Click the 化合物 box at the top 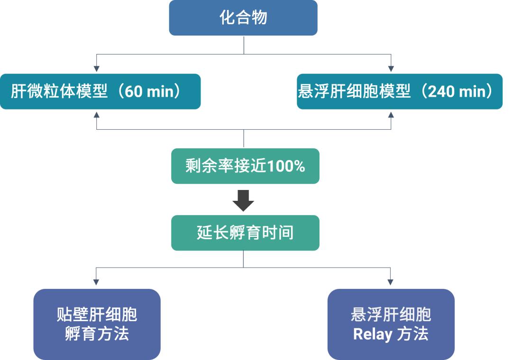tap(243, 18)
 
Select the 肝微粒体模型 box tap(100, 91)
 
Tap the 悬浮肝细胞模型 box tap(399, 91)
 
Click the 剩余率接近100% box tap(245, 166)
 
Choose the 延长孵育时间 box tap(245, 233)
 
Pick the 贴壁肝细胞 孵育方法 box tap(97, 324)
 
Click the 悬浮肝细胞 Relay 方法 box tap(391, 324)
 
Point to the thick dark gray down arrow tap(243, 201)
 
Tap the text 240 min tap(458, 91)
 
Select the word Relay tap(373, 334)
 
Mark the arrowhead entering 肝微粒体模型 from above tap(97, 70)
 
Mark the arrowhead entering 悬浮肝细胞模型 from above tap(391, 70)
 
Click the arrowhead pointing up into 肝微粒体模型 tap(97, 114)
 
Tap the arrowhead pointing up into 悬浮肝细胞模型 tap(391, 114)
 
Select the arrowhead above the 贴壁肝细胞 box tap(97, 282)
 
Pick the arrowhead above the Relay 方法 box tap(391, 282)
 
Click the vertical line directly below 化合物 tap(244, 45)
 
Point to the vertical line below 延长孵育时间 tap(244, 259)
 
